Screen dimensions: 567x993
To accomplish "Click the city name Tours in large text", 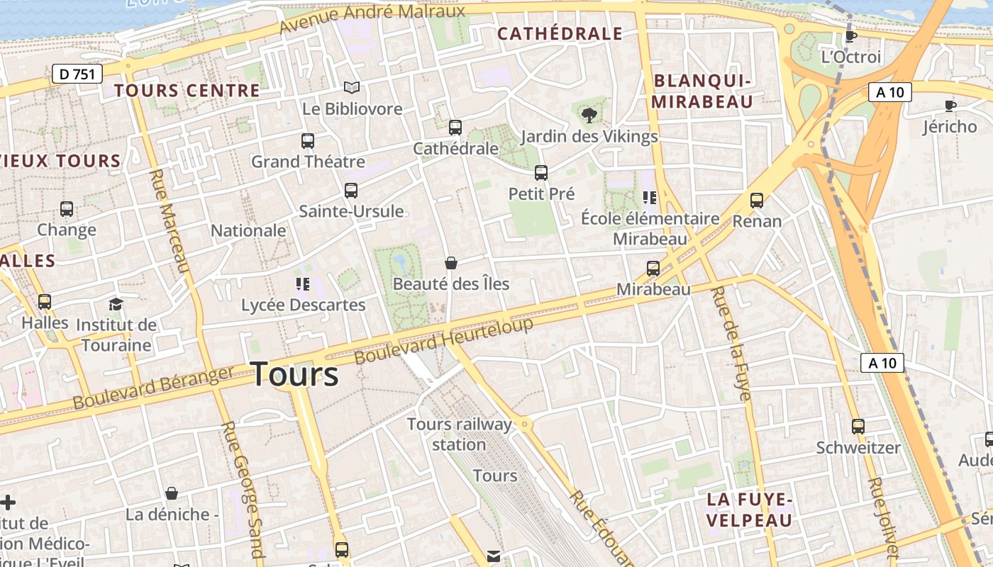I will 294,374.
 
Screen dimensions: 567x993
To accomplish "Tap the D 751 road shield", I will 77,74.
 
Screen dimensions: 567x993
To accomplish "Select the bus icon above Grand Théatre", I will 307,141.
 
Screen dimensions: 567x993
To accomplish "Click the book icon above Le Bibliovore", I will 352,88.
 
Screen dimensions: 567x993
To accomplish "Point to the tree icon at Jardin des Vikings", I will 589,115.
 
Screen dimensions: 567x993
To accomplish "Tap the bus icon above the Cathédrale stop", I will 455,128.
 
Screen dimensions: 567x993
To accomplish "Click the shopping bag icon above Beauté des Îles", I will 451,264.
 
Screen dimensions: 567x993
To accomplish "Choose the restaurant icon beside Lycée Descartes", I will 303,284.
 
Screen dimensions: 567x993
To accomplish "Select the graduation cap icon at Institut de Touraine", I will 116,305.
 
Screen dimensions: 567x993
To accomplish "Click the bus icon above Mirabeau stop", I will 653,269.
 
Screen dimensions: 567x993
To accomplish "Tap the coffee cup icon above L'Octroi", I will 850,36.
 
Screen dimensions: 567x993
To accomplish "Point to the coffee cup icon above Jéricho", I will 950,106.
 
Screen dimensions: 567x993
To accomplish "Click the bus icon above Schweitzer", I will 858,427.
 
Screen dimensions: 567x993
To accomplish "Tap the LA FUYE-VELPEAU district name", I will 749,510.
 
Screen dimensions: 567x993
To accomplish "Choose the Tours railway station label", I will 459,434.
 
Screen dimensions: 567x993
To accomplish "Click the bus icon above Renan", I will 757,201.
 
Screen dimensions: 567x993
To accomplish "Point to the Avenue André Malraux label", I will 372,19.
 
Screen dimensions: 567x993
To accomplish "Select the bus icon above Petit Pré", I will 541,173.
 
